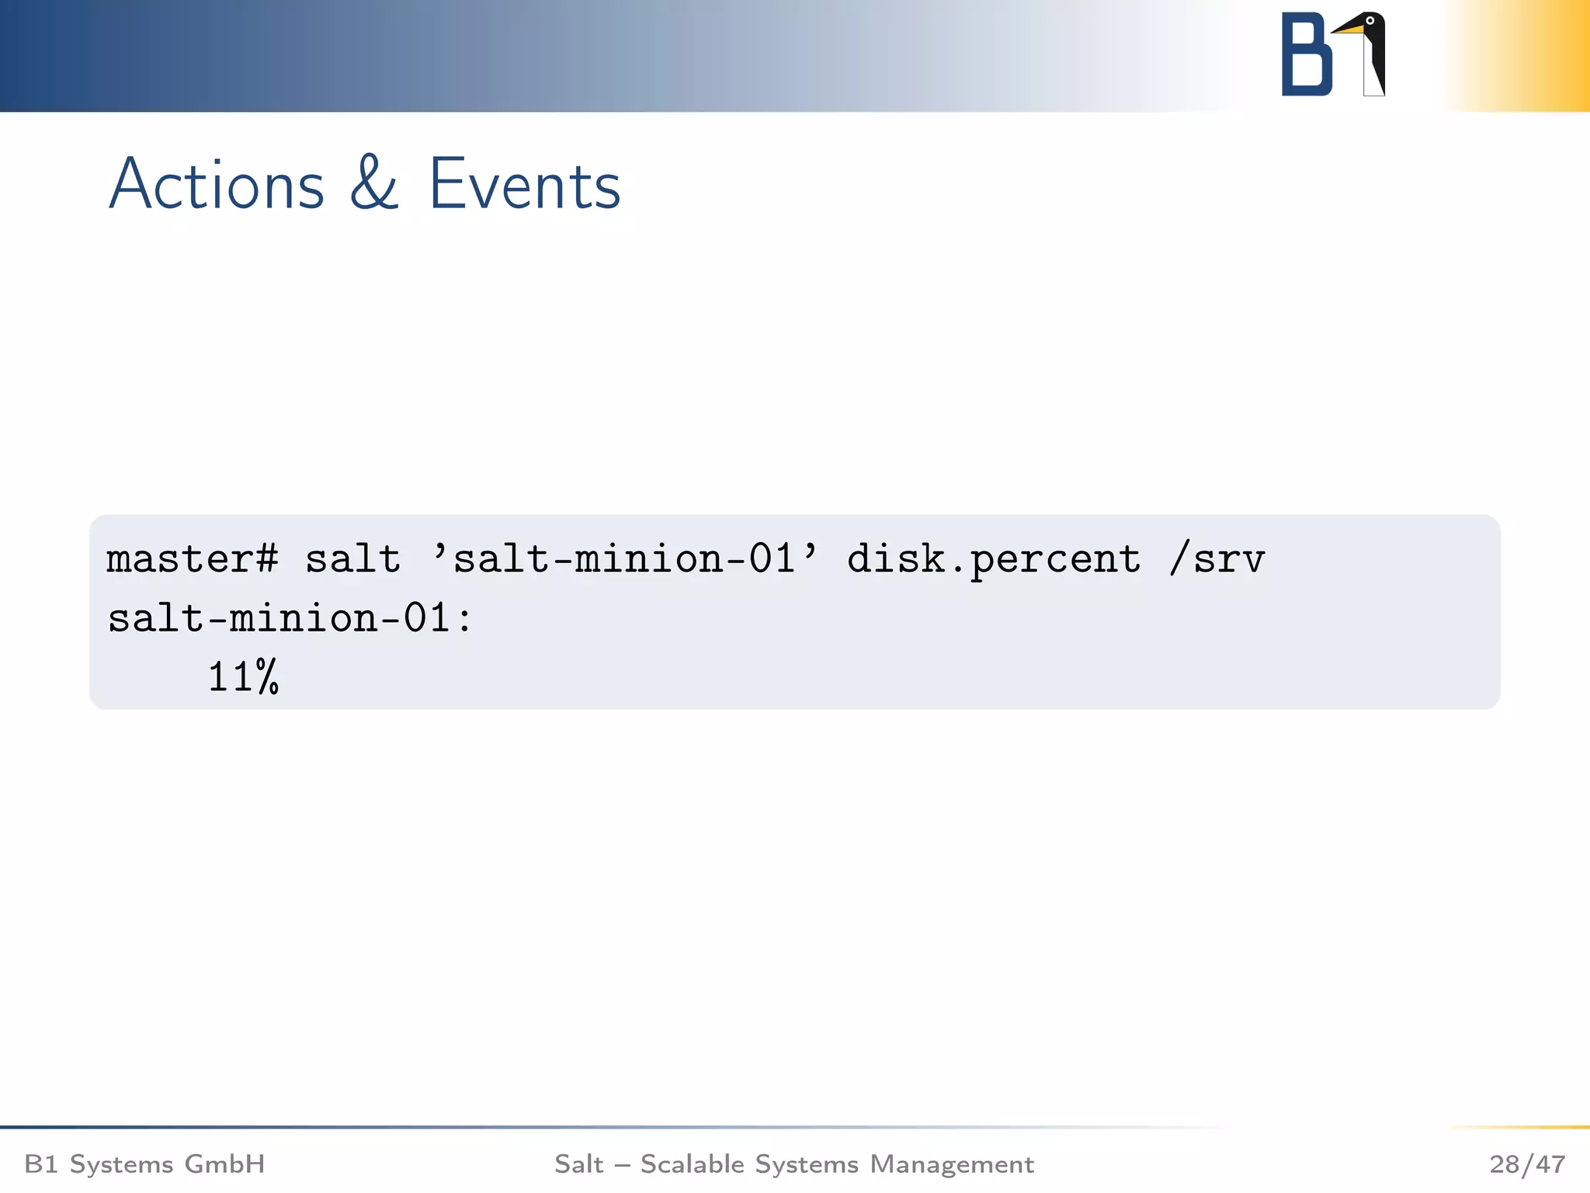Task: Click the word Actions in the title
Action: pyautogui.click(x=217, y=185)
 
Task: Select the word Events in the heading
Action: pyautogui.click(x=525, y=185)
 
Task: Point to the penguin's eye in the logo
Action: pyautogui.click(x=1370, y=21)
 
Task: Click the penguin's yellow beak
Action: pyautogui.click(x=1349, y=30)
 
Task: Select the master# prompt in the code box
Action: pyautogui.click(x=192, y=559)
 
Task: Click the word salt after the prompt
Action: pyautogui.click(x=352, y=559)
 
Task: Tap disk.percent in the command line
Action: pyautogui.click(x=994, y=559)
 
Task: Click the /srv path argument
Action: pyautogui.click(x=1217, y=559)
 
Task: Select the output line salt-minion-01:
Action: pyautogui.click(x=289, y=619)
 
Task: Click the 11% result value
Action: pyautogui.click(x=243, y=676)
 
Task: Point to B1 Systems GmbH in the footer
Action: pyautogui.click(x=144, y=1164)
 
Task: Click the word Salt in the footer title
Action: pyautogui.click(x=578, y=1164)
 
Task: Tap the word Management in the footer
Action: pyautogui.click(x=952, y=1164)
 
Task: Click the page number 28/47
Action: pyautogui.click(x=1526, y=1164)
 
